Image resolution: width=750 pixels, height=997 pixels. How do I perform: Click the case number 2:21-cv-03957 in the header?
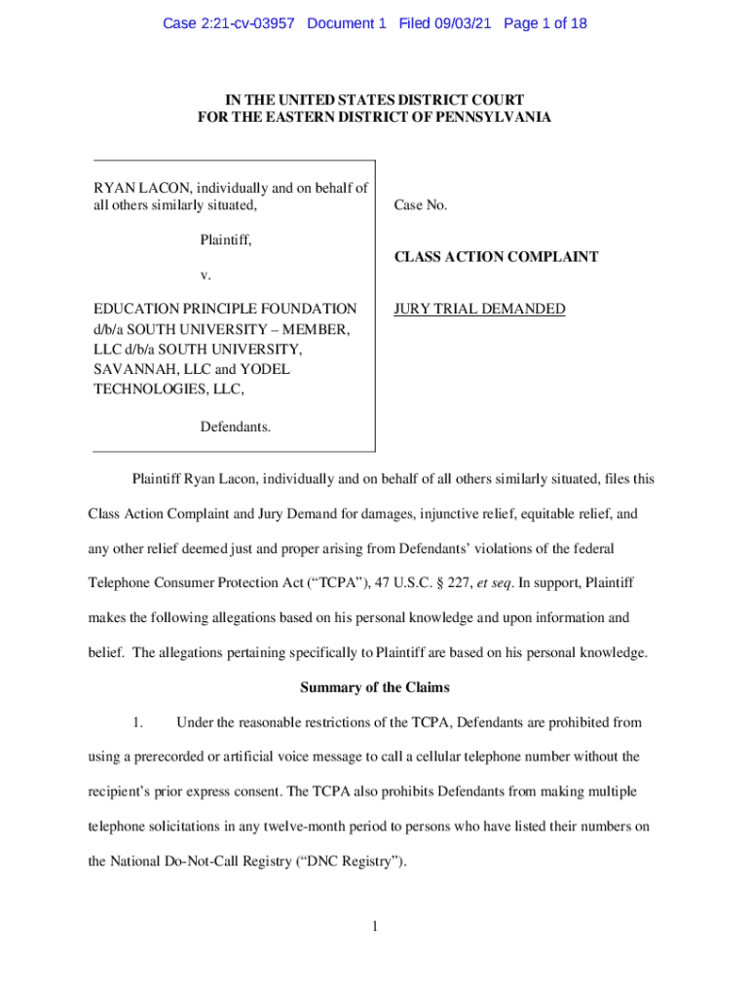(x=241, y=23)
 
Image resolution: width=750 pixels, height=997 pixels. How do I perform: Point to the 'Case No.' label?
(x=421, y=205)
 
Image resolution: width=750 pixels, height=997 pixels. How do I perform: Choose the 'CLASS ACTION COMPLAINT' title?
(x=496, y=257)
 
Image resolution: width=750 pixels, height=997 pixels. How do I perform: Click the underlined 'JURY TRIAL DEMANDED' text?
(x=479, y=310)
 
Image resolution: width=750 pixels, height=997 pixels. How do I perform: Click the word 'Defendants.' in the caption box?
(x=236, y=426)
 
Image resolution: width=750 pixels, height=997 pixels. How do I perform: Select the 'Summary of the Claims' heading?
(x=375, y=687)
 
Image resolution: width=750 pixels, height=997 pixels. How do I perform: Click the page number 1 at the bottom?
(x=374, y=926)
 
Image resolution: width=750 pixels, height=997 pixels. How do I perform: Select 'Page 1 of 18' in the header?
(x=545, y=23)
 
